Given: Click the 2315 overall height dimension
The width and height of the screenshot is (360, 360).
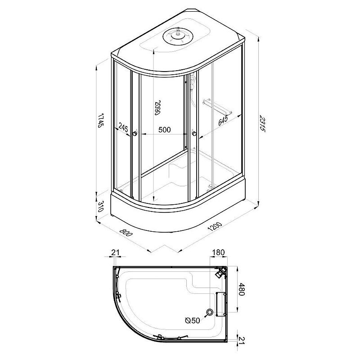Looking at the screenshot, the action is pos(262,124).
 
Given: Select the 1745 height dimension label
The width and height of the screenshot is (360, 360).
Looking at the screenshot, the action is pos(100,120).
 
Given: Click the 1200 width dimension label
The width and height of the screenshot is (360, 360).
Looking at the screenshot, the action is pos(215,226).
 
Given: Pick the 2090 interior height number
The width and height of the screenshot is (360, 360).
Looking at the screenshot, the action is pos(157,108).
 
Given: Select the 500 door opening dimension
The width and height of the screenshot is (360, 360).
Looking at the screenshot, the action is pos(165,130).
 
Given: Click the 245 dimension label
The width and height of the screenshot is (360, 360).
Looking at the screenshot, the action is pos(123,127).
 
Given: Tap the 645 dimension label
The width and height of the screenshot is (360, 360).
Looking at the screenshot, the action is pos(223,121).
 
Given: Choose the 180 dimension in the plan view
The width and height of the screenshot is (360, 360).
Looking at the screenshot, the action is pos(218,252).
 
